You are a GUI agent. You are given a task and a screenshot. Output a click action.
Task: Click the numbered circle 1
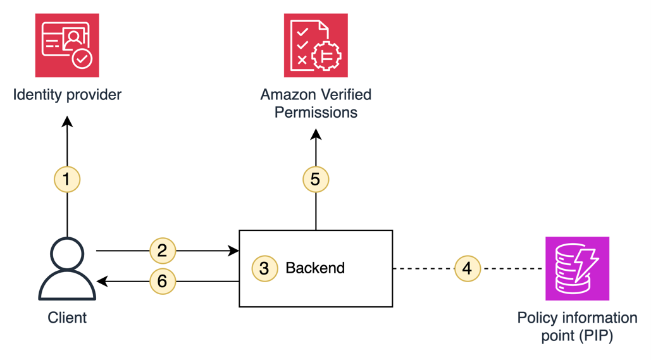(x=67, y=179)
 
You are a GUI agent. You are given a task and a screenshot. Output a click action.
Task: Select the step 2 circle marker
(x=162, y=251)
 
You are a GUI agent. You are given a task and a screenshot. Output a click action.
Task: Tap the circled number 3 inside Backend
(x=264, y=268)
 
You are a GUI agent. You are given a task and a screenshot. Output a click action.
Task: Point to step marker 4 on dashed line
(x=468, y=268)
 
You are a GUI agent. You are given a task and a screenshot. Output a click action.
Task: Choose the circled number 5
(x=316, y=179)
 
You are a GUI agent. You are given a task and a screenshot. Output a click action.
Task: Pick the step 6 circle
(x=162, y=281)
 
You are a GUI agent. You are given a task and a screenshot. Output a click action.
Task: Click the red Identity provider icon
(x=67, y=45)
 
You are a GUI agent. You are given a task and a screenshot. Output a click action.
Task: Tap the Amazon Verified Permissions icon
(x=316, y=45)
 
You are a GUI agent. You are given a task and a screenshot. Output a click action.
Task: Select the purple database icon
(x=577, y=268)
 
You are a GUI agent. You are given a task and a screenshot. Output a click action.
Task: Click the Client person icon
(x=67, y=268)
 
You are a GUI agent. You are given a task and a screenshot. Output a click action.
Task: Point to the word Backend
(x=315, y=268)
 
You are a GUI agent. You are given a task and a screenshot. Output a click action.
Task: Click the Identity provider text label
(x=67, y=95)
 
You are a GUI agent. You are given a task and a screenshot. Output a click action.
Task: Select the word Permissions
(x=316, y=113)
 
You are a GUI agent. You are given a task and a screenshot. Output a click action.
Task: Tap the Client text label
(x=67, y=318)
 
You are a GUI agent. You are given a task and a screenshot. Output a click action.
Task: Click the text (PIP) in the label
(x=596, y=335)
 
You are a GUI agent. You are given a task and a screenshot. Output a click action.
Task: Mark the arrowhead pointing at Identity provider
(x=67, y=121)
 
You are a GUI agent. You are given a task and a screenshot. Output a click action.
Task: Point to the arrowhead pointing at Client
(x=102, y=281)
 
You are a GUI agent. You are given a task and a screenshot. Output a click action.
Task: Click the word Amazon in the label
(x=288, y=95)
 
